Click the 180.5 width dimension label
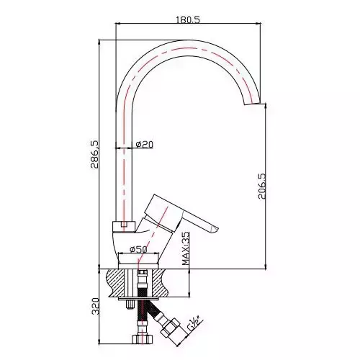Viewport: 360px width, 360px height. point(188,19)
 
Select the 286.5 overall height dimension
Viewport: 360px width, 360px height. point(94,154)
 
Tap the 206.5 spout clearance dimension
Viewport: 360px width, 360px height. point(262,186)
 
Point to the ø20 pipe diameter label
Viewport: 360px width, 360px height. point(144,144)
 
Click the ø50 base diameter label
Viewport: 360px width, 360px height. point(138,249)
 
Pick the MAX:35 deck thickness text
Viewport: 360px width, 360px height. point(186,248)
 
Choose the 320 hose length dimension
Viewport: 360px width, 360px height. point(96,306)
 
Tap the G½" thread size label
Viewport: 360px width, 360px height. point(194,323)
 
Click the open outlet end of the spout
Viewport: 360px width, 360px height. point(252,104)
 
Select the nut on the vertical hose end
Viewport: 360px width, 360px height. point(142,339)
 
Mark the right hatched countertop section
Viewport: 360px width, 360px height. point(158,283)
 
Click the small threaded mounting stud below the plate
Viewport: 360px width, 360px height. point(130,305)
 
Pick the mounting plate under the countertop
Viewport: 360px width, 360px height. point(138,299)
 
